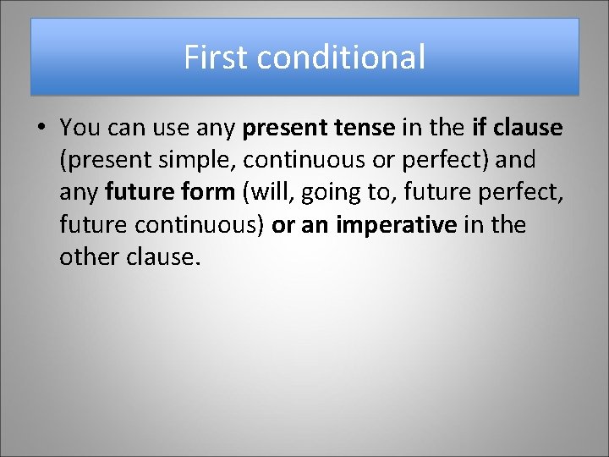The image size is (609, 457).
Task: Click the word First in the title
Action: (x=217, y=58)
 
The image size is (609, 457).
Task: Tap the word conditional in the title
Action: (x=341, y=58)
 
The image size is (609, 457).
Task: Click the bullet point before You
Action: (x=41, y=129)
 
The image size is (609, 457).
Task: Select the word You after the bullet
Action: (x=80, y=128)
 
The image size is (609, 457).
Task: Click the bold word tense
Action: (x=363, y=128)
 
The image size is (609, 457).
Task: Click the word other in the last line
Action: (x=85, y=256)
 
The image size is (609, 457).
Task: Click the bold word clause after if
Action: (x=529, y=128)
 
